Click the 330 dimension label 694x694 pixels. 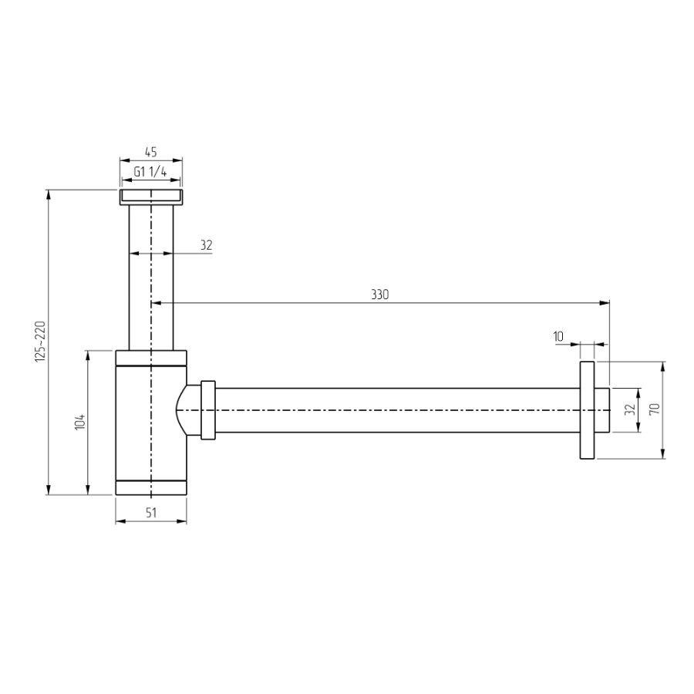(x=379, y=295)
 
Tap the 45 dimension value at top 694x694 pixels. (x=151, y=152)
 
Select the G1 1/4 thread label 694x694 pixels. (x=150, y=171)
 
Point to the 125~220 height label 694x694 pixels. (x=40, y=342)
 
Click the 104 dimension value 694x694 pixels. (x=80, y=423)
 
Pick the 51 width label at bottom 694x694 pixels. (x=151, y=513)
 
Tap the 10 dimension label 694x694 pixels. (x=558, y=336)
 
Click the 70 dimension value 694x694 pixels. (x=655, y=409)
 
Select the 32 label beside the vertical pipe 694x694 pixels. (x=206, y=244)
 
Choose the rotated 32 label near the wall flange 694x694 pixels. (x=630, y=409)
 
